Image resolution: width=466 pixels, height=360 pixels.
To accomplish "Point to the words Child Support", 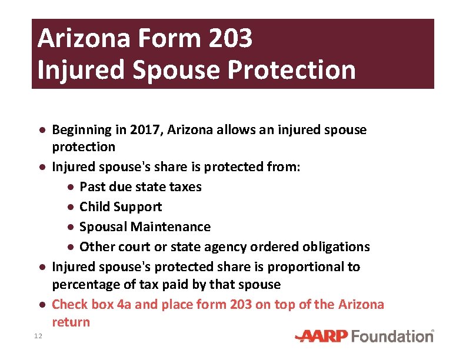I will point(121,207).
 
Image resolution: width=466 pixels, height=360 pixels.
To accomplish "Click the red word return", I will point(71,322).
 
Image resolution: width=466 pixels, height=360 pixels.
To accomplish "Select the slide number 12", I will point(38,336).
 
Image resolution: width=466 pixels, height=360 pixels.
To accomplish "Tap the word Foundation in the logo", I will point(392,336).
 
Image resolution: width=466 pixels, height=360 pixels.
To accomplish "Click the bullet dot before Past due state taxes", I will point(70,188).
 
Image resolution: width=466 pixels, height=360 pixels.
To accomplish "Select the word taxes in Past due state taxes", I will point(185,187).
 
